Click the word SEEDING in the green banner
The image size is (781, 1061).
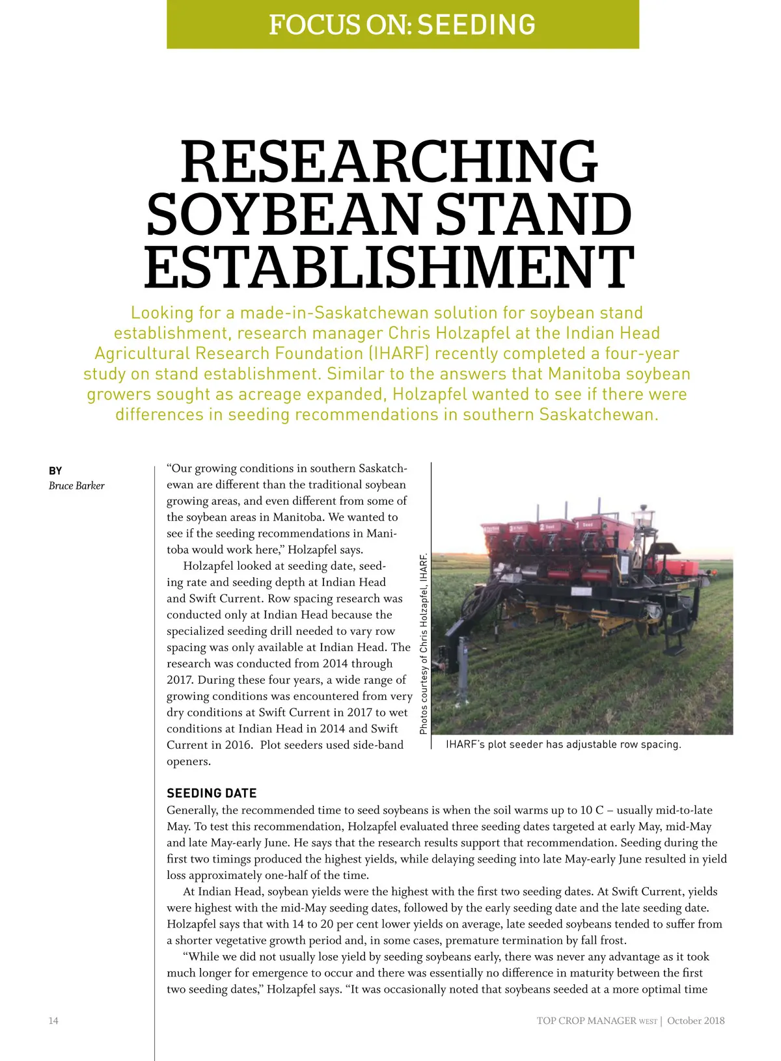click(x=476, y=25)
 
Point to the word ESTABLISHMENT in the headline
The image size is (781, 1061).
click(x=389, y=267)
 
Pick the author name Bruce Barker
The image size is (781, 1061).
click(x=76, y=485)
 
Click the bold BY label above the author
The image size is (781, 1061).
click(x=55, y=470)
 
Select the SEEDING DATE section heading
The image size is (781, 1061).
click(x=212, y=793)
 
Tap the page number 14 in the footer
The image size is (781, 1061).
click(x=53, y=1021)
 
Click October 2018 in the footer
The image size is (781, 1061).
click(x=696, y=1021)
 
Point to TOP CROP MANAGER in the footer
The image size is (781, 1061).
click(x=586, y=1021)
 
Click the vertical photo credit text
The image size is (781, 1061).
click(x=424, y=643)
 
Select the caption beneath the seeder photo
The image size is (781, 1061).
click(x=563, y=744)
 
